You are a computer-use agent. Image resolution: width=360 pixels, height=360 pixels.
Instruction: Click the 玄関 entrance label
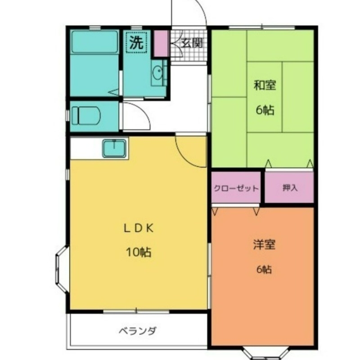192,43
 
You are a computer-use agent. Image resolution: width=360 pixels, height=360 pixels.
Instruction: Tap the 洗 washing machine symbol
136,42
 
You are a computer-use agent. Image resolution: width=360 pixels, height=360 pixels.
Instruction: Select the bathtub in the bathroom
94,42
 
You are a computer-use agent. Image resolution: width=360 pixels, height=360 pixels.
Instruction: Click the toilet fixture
86,116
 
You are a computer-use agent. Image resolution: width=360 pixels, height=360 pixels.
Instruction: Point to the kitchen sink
114,148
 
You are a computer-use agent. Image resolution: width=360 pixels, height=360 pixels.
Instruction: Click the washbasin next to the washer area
157,72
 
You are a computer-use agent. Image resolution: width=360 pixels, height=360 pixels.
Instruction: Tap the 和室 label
265,85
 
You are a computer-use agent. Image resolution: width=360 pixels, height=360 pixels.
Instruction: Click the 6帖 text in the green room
265,110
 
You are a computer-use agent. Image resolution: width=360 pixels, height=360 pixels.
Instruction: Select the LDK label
139,228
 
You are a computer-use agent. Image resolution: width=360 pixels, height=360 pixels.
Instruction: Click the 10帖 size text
139,252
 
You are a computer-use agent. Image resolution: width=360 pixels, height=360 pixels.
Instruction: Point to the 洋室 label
264,244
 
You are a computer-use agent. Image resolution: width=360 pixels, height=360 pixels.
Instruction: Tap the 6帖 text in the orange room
264,269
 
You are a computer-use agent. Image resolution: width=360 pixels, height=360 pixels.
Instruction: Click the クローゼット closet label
236,189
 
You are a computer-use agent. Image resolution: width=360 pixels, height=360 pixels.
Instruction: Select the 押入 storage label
290,188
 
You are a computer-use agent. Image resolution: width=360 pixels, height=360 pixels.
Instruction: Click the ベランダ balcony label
138,331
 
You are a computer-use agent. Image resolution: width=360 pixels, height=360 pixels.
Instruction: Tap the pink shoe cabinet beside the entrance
161,43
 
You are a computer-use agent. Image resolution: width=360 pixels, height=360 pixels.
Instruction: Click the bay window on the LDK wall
62,269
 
